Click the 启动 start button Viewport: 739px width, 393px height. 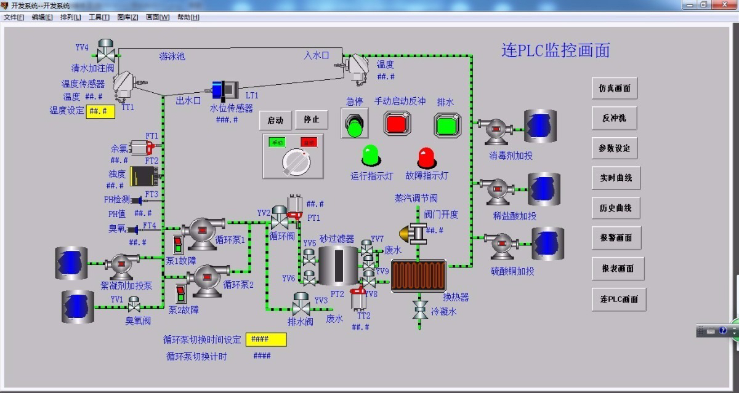pyautogui.click(x=275, y=121)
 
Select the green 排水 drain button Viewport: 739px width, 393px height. pyautogui.click(x=448, y=125)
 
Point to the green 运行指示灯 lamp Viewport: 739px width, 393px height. pyautogui.click(x=371, y=156)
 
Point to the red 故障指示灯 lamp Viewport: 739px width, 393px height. pyautogui.click(x=426, y=157)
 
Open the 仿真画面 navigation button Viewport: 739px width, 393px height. pyautogui.click(x=615, y=89)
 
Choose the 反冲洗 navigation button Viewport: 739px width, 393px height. pyautogui.click(x=615, y=118)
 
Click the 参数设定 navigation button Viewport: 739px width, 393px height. pyautogui.click(x=615, y=148)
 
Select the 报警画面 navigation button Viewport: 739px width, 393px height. pyautogui.click(x=616, y=238)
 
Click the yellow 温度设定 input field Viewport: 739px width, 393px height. pyautogui.click(x=100, y=111)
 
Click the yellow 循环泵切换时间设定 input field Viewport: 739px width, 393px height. pyautogui.click(x=266, y=339)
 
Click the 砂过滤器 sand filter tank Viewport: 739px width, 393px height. pyautogui.click(x=337, y=265)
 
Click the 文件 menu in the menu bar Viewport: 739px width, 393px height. pyautogui.click(x=14, y=17)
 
